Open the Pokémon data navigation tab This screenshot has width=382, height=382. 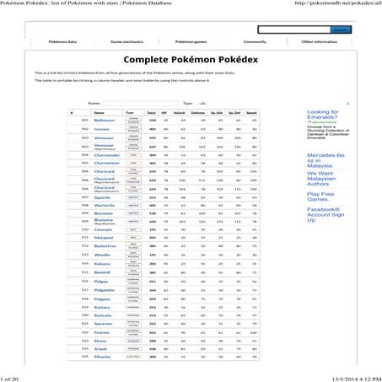point(62,40)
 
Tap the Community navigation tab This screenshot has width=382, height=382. point(255,40)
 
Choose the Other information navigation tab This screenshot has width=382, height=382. point(319,40)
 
